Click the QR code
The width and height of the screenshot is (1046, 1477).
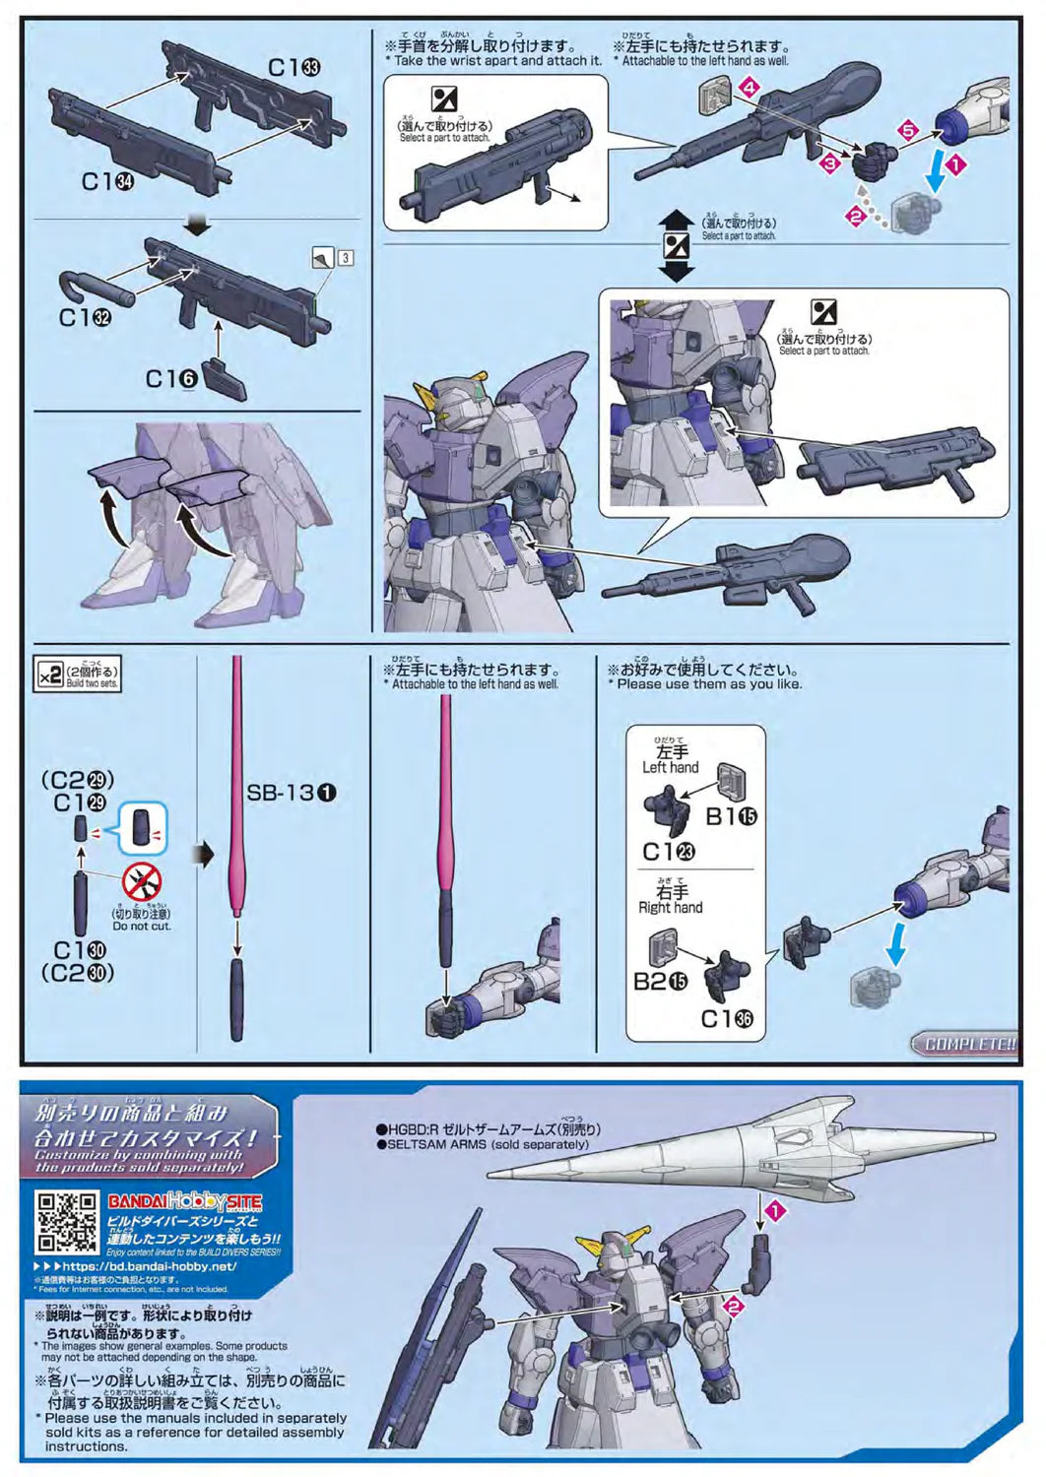click(68, 1221)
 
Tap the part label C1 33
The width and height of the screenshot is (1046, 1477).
click(294, 67)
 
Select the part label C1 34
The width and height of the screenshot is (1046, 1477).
click(107, 181)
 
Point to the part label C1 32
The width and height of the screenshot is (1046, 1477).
click(85, 317)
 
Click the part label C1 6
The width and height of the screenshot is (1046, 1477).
click(171, 378)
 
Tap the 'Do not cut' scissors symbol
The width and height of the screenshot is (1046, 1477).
click(142, 880)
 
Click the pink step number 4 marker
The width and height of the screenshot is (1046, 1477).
click(751, 88)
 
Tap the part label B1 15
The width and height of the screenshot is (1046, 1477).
click(731, 815)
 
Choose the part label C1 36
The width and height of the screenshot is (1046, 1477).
click(726, 1019)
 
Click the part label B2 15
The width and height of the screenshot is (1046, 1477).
click(660, 982)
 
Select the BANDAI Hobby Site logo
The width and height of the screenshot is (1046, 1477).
click(184, 1201)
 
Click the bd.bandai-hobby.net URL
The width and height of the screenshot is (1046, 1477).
click(148, 1266)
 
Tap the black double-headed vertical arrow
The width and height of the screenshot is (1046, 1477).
click(677, 245)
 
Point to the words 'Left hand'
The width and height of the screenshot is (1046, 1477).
click(670, 767)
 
